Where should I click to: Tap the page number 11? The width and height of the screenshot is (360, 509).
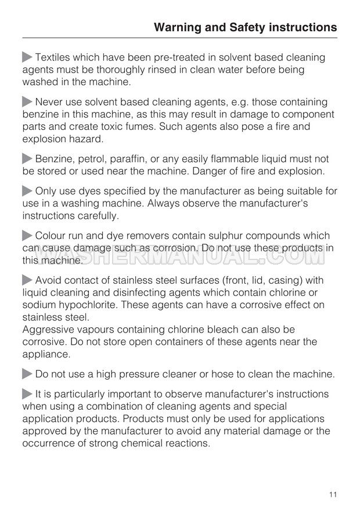point(332,494)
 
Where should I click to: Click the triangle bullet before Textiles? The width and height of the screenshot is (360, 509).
point(28,57)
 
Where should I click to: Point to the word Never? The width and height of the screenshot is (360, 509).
point(50,102)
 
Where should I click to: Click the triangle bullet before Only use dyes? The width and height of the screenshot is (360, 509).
point(28,192)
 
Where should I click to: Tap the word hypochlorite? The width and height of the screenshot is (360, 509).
point(88,305)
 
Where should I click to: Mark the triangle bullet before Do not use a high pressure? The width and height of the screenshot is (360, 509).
point(28,374)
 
